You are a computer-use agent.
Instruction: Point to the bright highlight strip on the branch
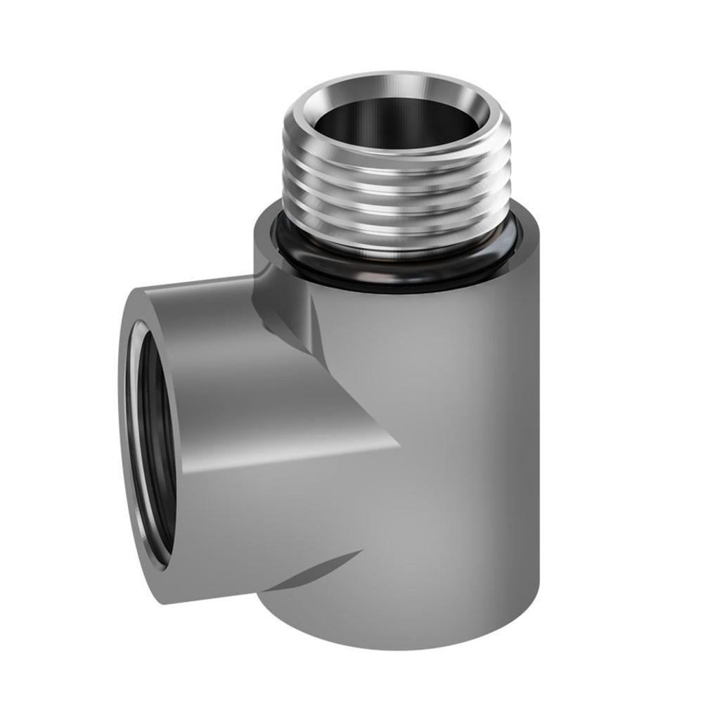click(x=281, y=457)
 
